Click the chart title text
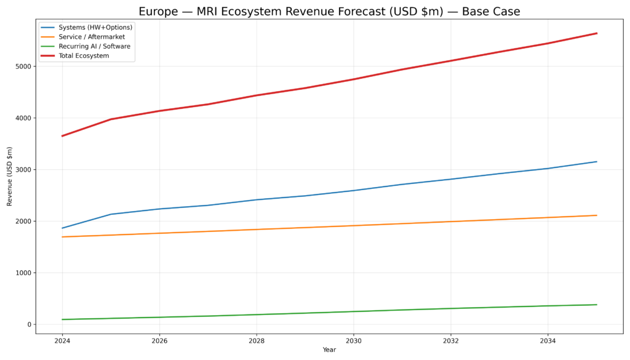pyautogui.click(x=329, y=12)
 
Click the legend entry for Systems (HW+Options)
pyautogui.click(x=95, y=27)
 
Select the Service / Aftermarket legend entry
pyautogui.click(x=92, y=37)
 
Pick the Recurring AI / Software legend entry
pyautogui.click(x=94, y=46)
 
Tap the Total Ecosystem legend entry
pyautogui.click(x=84, y=56)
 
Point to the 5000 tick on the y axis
pyautogui.click(x=24, y=66)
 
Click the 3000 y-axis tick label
pyautogui.click(x=24, y=170)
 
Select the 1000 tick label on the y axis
pyautogui.click(x=24, y=273)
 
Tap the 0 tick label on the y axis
pyautogui.click(x=29, y=325)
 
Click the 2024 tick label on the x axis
pyautogui.click(x=62, y=340)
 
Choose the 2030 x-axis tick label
pyautogui.click(x=353, y=340)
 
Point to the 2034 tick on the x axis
pyautogui.click(x=548, y=340)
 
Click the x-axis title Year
pyautogui.click(x=329, y=350)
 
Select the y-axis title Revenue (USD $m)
pyautogui.click(x=10, y=176)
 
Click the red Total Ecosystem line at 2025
pyautogui.click(x=111, y=119)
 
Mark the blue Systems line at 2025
pyautogui.click(x=111, y=214)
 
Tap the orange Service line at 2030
pyautogui.click(x=353, y=226)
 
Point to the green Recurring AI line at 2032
pyautogui.click(x=450, y=308)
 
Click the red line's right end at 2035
pyautogui.click(x=596, y=33)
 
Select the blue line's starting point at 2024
pyautogui.click(x=62, y=228)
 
